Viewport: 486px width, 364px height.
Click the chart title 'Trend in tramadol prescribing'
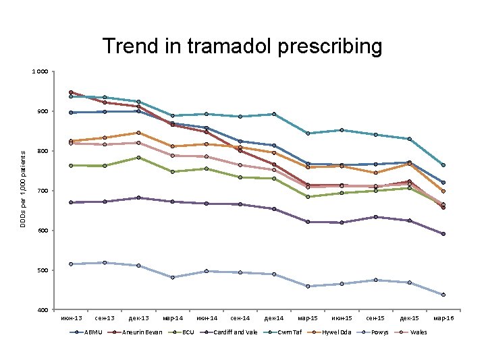[242, 46]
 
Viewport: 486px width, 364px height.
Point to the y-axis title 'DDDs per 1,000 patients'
[23, 189]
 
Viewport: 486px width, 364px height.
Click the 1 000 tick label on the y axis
[40, 71]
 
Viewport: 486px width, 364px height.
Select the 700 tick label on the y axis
[43, 191]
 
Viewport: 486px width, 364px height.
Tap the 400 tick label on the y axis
[43, 310]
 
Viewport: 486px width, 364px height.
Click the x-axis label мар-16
[443, 318]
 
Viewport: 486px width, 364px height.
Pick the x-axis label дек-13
[138, 318]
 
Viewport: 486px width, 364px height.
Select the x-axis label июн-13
[72, 318]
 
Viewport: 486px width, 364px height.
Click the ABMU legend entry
[86, 332]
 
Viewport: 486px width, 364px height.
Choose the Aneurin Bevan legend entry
[135, 332]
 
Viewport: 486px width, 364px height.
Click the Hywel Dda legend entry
[329, 332]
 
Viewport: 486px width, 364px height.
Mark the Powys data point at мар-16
[443, 295]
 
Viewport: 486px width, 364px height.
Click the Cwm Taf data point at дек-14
[274, 114]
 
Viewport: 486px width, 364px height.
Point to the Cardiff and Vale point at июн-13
[71, 202]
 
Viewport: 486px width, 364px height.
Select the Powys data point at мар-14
[173, 277]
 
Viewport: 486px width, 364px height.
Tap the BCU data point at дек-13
[138, 158]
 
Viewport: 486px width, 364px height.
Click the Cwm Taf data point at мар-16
[443, 165]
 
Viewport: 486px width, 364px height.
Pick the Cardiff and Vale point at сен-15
[376, 217]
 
